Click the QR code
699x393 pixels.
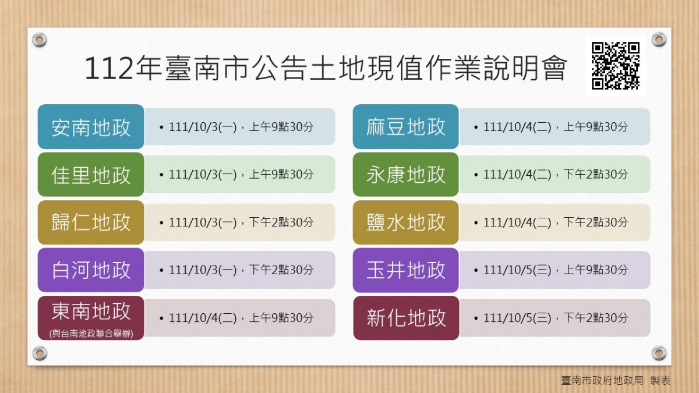coord(615,66)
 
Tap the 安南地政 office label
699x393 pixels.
coord(91,127)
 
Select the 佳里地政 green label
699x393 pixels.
coord(91,174)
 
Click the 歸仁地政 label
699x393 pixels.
coord(91,222)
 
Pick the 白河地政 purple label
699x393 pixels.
coord(91,270)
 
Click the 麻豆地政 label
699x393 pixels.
coord(405,127)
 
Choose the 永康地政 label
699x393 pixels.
coord(405,174)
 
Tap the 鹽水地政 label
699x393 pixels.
coord(405,222)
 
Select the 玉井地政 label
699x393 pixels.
coord(405,270)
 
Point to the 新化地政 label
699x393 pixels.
coord(406,318)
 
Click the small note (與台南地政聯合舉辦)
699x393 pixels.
coord(91,334)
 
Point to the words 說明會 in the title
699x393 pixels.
coord(525,68)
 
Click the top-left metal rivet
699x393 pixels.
coord(40,40)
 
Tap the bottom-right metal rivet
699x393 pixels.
coord(659,353)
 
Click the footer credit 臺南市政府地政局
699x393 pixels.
coord(602,380)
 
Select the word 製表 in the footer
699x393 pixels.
coord(661,380)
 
